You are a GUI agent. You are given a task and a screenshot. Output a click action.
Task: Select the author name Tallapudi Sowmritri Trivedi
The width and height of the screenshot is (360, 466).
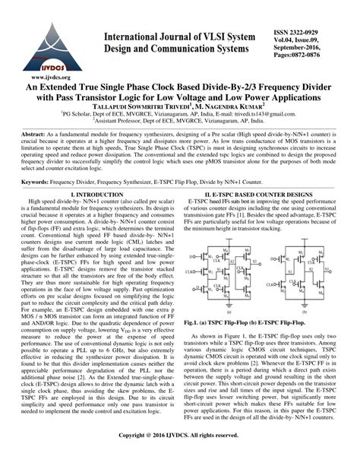click(x=143, y=107)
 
